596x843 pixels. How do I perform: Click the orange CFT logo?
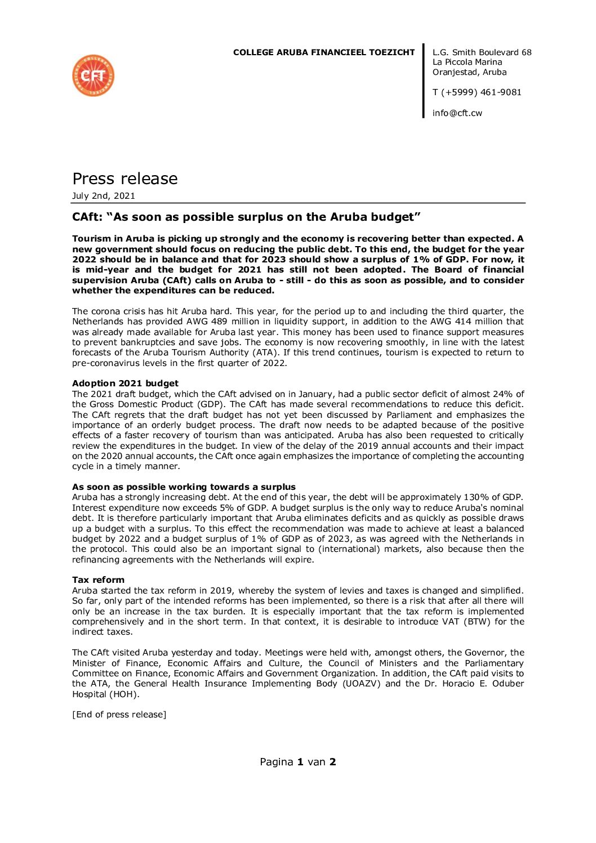pos(94,75)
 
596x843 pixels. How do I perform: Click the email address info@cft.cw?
pos(457,113)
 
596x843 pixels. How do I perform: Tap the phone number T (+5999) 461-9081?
pos(477,92)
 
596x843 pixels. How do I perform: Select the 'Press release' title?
pos(124,179)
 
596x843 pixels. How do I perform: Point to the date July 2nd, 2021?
pos(104,196)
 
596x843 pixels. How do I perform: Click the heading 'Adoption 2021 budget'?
pos(125,383)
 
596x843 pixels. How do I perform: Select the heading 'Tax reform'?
pos(98,580)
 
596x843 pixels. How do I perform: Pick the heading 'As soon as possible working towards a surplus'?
pos(184,487)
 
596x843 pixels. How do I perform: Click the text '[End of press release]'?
pos(119,715)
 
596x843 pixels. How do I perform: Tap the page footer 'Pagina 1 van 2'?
pos(297,762)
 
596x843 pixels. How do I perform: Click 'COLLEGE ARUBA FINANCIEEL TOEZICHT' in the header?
pos(324,52)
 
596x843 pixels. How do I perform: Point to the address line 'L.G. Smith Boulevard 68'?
pos(482,52)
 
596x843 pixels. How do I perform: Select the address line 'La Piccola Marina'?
pos(467,62)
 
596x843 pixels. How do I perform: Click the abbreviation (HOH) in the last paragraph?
pos(124,694)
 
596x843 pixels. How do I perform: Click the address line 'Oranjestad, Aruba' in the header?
pos(469,72)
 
